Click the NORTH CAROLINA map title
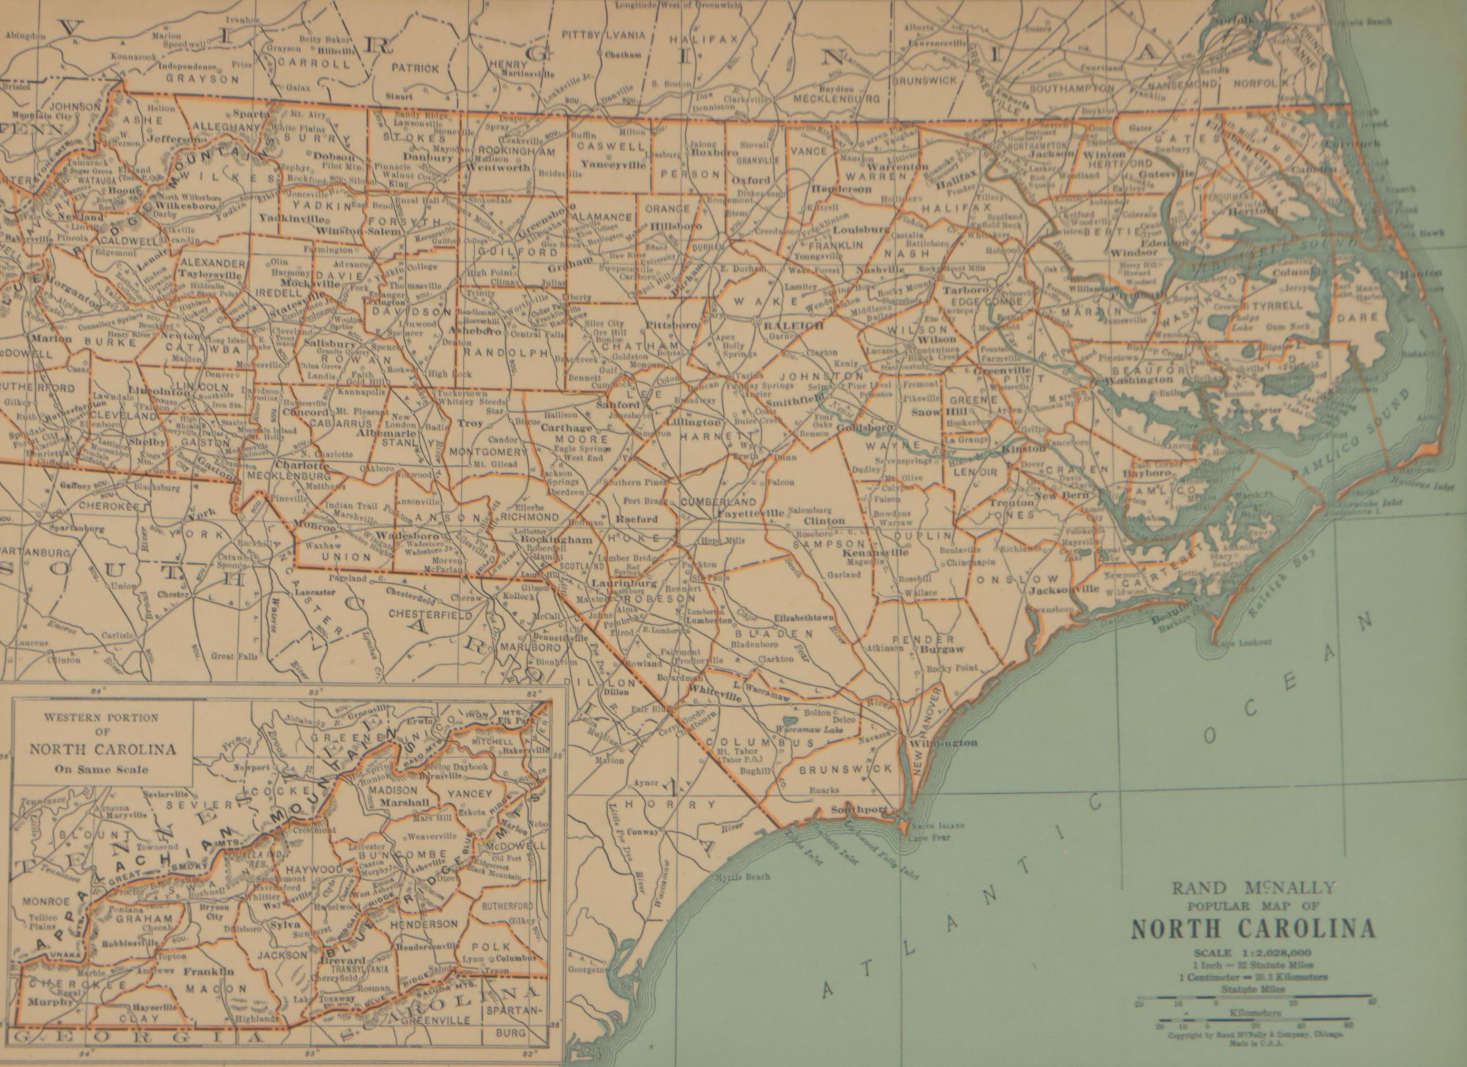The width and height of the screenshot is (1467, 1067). coord(1253,929)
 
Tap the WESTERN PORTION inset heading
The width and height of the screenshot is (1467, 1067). coord(102,718)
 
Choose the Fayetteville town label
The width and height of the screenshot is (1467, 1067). coord(750,513)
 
